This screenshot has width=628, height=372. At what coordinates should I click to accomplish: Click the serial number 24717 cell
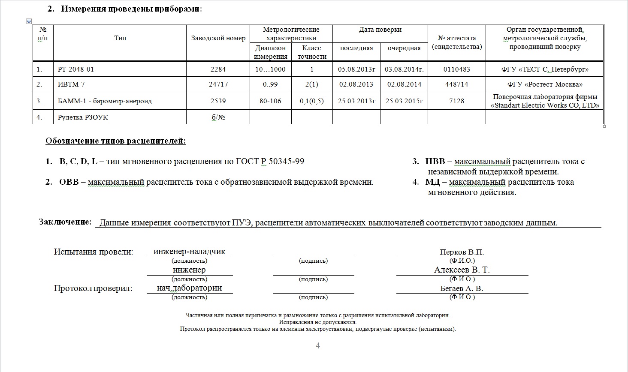pyautogui.click(x=218, y=84)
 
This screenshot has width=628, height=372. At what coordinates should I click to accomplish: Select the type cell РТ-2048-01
pyautogui.click(x=75, y=69)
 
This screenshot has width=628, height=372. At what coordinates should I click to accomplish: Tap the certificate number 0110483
pyautogui.click(x=456, y=69)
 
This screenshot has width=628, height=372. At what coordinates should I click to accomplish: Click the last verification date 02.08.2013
pyautogui.click(x=356, y=84)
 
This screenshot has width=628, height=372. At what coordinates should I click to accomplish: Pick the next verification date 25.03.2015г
pyautogui.click(x=404, y=101)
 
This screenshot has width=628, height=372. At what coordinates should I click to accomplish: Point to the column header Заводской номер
pyautogui.click(x=218, y=38)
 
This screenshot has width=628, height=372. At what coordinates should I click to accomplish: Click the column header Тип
pyautogui.click(x=120, y=38)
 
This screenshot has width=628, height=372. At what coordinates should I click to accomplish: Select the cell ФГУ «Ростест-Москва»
pyautogui.click(x=545, y=84)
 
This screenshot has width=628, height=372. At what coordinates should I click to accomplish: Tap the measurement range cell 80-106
pyautogui.click(x=270, y=101)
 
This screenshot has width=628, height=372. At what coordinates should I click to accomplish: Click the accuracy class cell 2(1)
pyautogui.click(x=312, y=84)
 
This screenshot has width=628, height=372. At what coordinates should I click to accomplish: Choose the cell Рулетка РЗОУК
pyautogui.click(x=83, y=117)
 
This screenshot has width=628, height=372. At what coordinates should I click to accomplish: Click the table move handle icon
pyautogui.click(x=29, y=21)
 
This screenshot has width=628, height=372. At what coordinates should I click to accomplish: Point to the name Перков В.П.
pyautogui.click(x=462, y=252)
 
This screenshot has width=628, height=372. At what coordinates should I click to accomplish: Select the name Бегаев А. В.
pyautogui.click(x=462, y=288)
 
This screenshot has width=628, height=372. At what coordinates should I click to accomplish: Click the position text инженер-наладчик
pyautogui.click(x=189, y=252)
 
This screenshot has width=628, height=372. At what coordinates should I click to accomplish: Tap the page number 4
pyautogui.click(x=318, y=345)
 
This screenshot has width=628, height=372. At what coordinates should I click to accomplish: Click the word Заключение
pyautogui.click(x=65, y=222)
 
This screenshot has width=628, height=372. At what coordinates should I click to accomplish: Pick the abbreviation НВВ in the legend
pyautogui.click(x=435, y=162)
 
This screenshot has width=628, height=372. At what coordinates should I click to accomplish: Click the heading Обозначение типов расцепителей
pyautogui.click(x=116, y=141)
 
